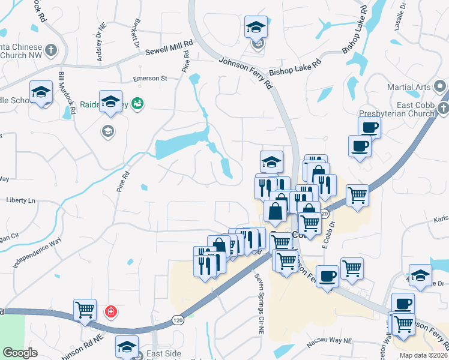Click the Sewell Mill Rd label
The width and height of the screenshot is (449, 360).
(169, 48)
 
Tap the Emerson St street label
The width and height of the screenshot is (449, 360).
(150, 79)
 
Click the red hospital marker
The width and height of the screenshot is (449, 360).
(110, 311)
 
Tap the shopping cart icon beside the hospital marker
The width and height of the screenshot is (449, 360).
(85, 310)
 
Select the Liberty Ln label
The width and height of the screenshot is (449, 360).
(22, 200)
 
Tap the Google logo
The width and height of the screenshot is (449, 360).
(20, 353)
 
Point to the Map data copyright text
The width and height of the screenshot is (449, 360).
(423, 355)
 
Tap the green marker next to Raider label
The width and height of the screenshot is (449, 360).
(137, 103)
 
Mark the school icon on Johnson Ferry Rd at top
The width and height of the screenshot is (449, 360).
(256, 28)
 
